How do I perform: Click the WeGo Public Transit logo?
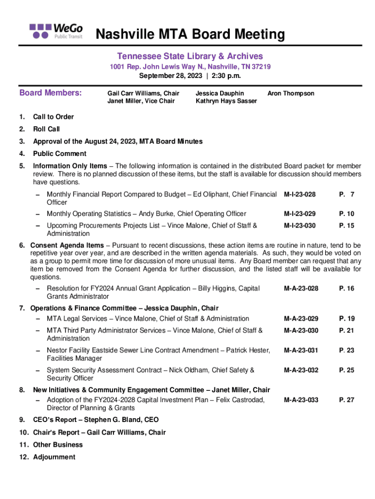[56, 30]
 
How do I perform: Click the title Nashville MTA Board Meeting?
[190, 35]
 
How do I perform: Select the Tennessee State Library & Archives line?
[190, 57]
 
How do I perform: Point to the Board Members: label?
[50, 93]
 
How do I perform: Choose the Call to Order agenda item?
[53, 117]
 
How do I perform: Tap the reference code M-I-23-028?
[300, 195]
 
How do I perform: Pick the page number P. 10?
[347, 214]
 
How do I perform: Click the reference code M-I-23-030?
[300, 226]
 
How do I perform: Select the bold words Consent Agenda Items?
[67, 245]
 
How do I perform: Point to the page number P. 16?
[347, 288]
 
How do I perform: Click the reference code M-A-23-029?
[300, 319]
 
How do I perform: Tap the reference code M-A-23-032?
[300, 370]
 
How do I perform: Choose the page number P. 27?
[347, 400]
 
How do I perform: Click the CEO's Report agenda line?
[95, 420]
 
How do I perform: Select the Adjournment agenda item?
[54, 457]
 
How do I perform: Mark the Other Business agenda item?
[57, 444]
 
